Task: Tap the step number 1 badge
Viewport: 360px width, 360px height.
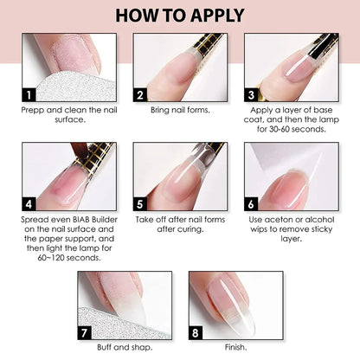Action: tap(29, 94)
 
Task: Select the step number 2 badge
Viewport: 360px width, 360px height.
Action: tap(140, 94)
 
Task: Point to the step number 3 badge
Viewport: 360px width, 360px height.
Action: tap(251, 94)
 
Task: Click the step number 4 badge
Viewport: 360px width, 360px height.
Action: tap(29, 204)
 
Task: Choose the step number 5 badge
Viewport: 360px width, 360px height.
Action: tap(140, 204)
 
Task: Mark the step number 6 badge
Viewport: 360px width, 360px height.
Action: tap(251, 204)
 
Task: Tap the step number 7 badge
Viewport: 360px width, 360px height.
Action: tap(84, 333)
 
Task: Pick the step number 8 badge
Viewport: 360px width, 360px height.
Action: tap(196, 333)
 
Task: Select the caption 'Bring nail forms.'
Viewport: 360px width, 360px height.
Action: tap(180, 110)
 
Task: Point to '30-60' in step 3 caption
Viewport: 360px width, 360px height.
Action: tap(280, 129)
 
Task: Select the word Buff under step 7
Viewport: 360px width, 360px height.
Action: tap(104, 347)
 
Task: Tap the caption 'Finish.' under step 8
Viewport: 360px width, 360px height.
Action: tap(236, 347)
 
